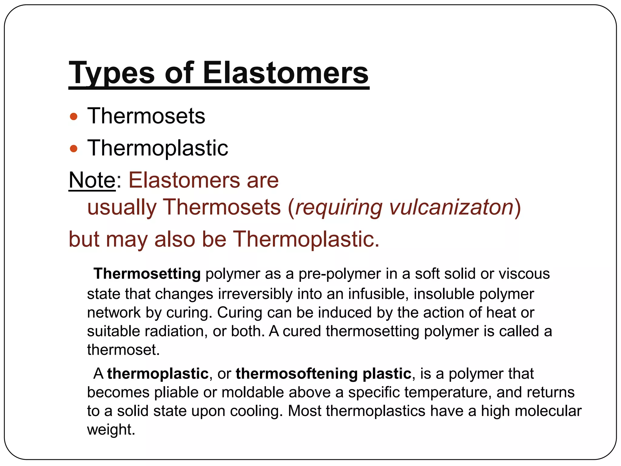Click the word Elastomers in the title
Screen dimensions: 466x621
[x=285, y=73]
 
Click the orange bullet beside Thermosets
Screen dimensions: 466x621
[x=74, y=117]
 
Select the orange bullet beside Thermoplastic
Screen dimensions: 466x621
[x=74, y=149]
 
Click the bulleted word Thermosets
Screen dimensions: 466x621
[x=146, y=116]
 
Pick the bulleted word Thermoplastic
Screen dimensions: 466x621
[x=158, y=148]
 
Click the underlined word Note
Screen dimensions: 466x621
[x=92, y=180]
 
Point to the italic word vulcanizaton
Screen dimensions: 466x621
[x=451, y=208]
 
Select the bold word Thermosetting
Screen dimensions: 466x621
[x=147, y=274]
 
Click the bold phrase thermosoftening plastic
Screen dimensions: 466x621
[x=323, y=373]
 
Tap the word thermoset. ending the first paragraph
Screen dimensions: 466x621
[x=123, y=350]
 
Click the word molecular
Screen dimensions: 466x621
[x=548, y=411]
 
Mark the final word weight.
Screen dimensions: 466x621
[x=111, y=430]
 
